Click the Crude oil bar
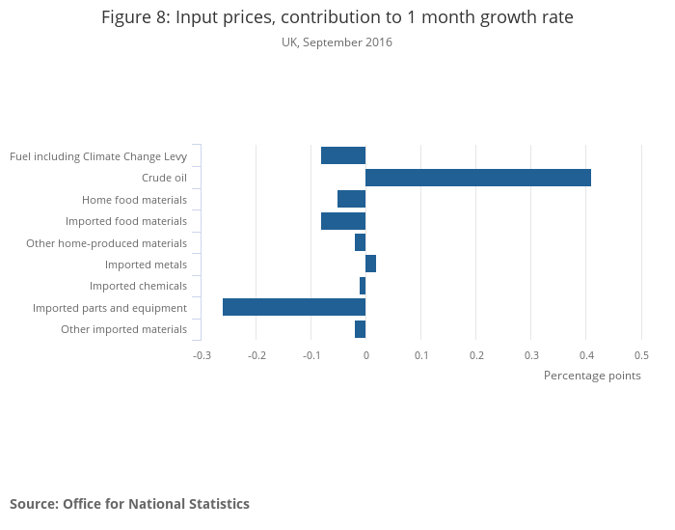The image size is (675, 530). [478, 178]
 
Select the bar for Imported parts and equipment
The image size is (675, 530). [294, 307]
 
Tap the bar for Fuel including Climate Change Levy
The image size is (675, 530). [343, 155]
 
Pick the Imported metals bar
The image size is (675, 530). [371, 264]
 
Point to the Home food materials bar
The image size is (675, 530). [352, 199]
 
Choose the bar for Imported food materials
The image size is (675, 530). [343, 221]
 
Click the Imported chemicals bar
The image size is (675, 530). [363, 286]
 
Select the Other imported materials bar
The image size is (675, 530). [361, 329]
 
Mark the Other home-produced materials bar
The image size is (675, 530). [361, 242]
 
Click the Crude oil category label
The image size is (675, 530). [164, 178]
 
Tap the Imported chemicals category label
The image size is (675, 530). [138, 286]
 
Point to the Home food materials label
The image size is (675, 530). [134, 200]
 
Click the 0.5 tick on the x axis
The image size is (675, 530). [641, 355]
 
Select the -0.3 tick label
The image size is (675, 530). [202, 355]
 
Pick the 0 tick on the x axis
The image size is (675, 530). [366, 355]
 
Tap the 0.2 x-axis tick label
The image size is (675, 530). [476, 355]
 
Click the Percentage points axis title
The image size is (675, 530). [592, 376]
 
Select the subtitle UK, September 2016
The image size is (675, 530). [337, 42]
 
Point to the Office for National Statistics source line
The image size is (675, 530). [129, 504]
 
